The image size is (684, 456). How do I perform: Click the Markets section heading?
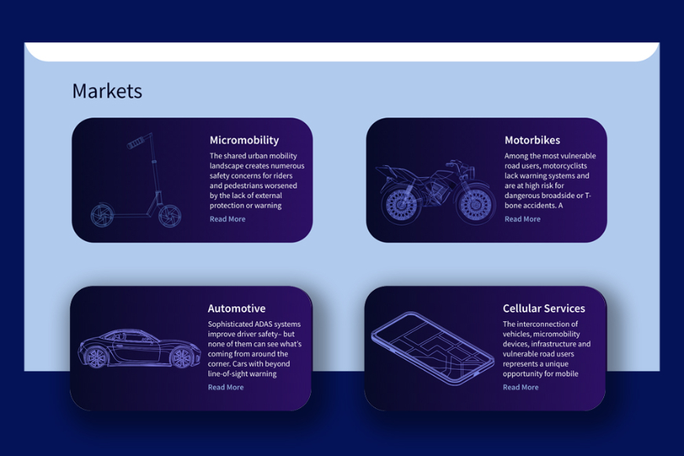tap(107, 91)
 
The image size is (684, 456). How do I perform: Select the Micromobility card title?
tap(244, 140)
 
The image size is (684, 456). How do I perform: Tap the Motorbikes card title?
tap(532, 140)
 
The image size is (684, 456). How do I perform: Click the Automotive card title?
tap(236, 309)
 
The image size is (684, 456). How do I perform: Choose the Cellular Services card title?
tap(544, 309)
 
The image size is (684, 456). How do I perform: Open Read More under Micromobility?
tap(227, 219)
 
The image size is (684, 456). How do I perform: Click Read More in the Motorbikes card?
tap(522, 219)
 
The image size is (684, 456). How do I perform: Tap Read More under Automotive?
tap(226, 387)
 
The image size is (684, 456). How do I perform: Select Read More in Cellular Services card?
tap(520, 387)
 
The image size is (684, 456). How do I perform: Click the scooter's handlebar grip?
tap(136, 143)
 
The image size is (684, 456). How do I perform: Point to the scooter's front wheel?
tap(169, 215)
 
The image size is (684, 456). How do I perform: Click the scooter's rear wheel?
tap(102, 215)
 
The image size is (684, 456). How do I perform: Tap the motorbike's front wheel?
tap(475, 204)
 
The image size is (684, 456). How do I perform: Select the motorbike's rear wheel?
tap(401, 204)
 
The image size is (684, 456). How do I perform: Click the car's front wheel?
tap(181, 357)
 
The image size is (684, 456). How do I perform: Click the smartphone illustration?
tap(433, 349)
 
